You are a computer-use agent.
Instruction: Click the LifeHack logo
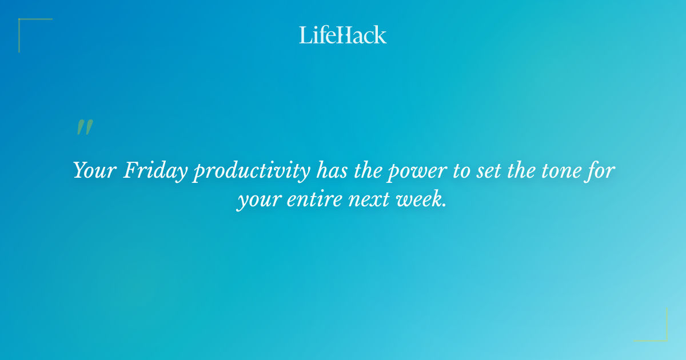pyautogui.click(x=343, y=35)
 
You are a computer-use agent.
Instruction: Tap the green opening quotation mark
pyautogui.click(x=84, y=127)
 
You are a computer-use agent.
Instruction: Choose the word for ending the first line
pyautogui.click(x=601, y=170)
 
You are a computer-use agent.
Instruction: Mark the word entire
pyautogui.click(x=305, y=201)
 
